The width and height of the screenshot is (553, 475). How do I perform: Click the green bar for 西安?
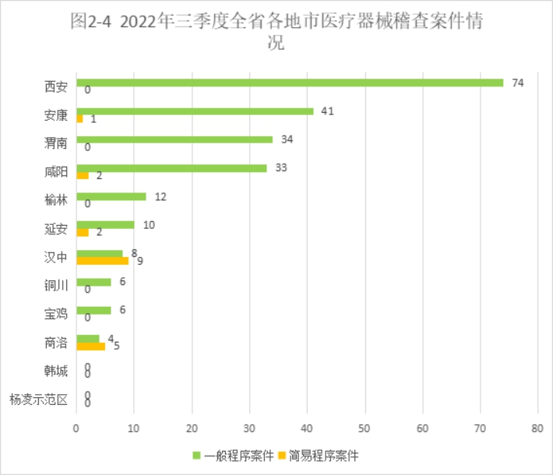(290, 83)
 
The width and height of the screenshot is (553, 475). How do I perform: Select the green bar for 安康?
(195, 111)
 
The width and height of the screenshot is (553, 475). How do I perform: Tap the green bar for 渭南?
(174, 139)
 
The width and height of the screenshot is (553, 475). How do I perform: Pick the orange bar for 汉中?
(102, 261)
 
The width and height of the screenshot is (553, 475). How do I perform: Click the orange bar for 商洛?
(90, 347)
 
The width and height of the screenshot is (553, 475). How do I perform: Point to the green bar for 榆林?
(111, 196)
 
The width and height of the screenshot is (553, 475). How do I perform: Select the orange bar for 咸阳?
(83, 175)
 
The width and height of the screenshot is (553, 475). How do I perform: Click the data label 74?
(517, 83)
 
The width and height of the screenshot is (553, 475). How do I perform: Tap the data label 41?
(327, 111)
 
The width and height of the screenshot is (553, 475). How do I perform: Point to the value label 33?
(281, 167)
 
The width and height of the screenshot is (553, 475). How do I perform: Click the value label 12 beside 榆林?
(160, 196)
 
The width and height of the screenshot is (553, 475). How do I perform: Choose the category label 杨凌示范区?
(38, 400)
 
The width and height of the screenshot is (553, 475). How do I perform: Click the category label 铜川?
(56, 286)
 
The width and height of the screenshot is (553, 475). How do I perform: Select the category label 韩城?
(56, 371)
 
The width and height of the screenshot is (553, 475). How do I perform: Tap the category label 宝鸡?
(56, 315)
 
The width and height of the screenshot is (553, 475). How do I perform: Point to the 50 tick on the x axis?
(365, 428)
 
